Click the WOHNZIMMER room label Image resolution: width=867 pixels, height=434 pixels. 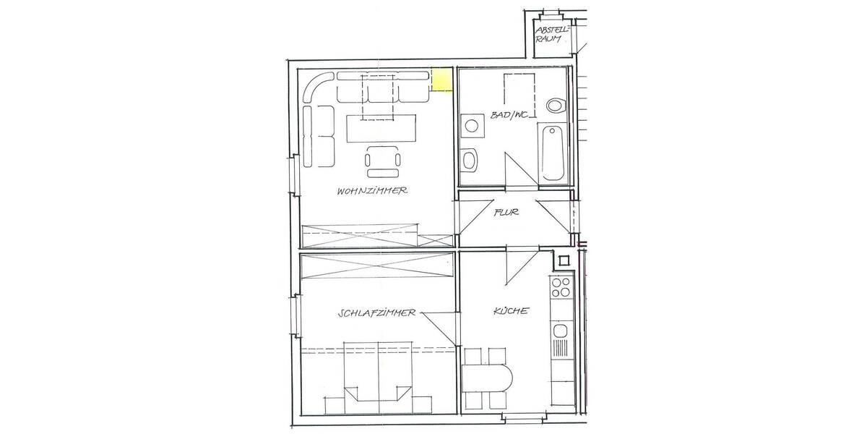coord(373,192)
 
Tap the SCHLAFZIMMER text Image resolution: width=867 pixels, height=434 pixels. coord(376,313)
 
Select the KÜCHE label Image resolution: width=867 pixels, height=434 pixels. coord(512,311)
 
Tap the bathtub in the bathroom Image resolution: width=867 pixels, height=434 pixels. coord(553,153)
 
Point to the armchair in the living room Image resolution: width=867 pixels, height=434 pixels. coord(382,161)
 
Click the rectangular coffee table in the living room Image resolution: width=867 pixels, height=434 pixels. coord(382,129)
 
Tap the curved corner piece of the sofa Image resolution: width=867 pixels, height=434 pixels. coord(316,87)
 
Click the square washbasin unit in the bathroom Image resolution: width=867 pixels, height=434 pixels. coord(473,125)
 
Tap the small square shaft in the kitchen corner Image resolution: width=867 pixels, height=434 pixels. coord(562,259)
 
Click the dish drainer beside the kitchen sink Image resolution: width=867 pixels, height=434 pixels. coord(561,355)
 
